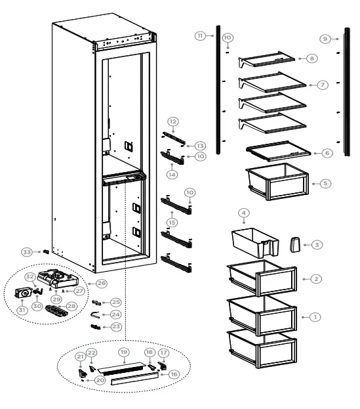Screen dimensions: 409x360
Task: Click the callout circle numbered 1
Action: [x=315, y=316]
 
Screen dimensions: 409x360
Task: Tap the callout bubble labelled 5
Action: [x=325, y=183]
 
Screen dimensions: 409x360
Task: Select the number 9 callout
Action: [x=325, y=39]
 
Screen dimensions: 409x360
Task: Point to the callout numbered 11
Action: [x=200, y=35]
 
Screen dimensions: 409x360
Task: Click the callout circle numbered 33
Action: [x=27, y=251]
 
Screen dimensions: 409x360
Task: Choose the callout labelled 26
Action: [x=102, y=284]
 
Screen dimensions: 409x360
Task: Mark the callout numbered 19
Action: [x=123, y=352]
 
